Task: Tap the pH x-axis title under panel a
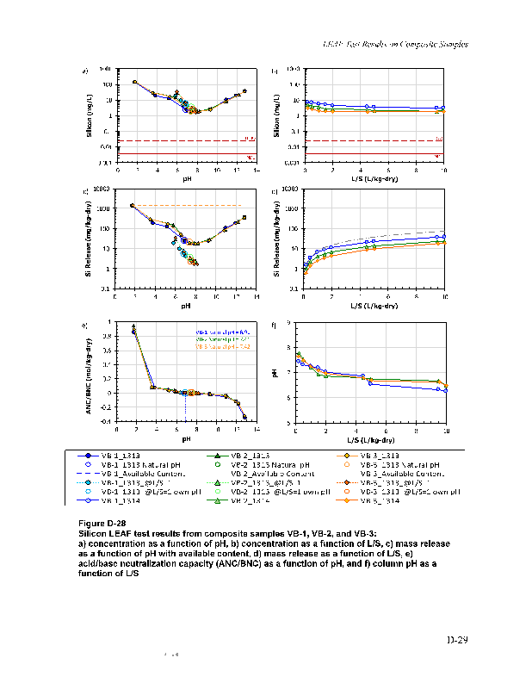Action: tap(185, 180)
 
